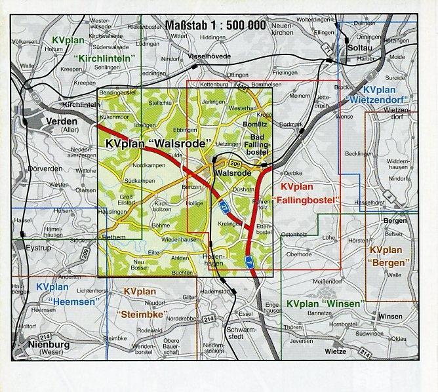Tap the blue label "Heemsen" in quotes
click(x=68, y=302)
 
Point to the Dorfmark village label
click(x=291, y=124)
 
